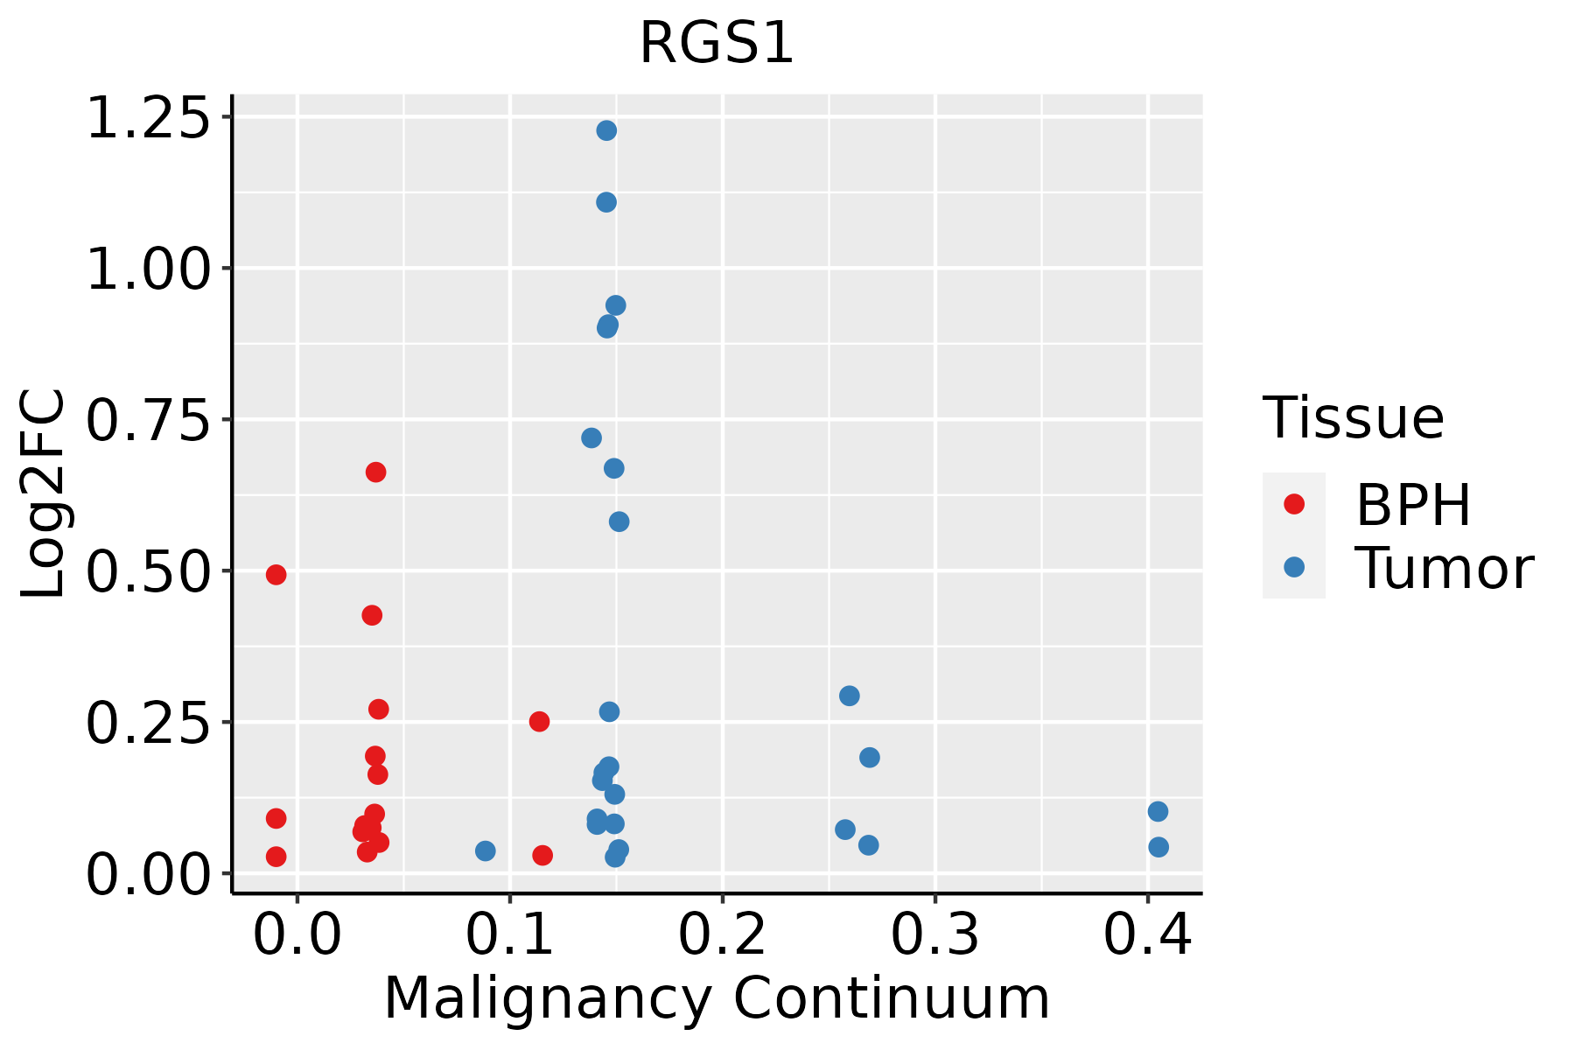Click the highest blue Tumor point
point(606,131)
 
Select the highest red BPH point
point(375,472)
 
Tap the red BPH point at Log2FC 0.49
point(276,575)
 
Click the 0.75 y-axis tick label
point(149,421)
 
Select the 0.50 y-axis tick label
point(149,572)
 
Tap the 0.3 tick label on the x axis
point(935,934)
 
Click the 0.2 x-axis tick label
point(723,934)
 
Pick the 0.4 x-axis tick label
point(1147,934)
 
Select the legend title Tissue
point(1354,418)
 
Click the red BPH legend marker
point(1293,504)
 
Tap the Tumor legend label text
point(1444,569)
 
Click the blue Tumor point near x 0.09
point(486,851)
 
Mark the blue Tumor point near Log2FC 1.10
point(606,203)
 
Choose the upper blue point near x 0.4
point(1158,812)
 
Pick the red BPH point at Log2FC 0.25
point(539,722)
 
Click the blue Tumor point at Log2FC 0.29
point(849,696)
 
